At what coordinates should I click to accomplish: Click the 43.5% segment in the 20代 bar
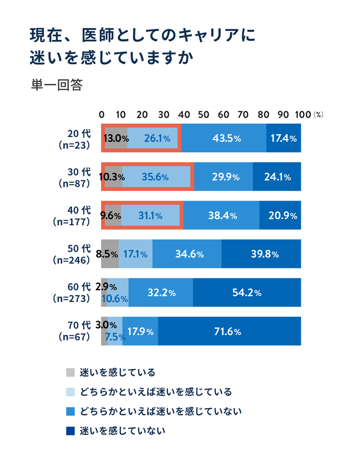pos(223,138)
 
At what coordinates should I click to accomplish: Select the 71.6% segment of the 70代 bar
pos(229,331)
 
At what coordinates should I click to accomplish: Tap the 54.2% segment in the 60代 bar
pos(247,292)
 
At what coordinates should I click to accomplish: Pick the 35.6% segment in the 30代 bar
pos(156,177)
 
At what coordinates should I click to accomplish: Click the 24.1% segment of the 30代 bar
pos(277,177)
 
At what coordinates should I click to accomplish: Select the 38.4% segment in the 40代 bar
pos(221,216)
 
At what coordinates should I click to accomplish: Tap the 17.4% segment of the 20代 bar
pos(284,138)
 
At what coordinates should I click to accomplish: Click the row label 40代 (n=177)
pos(72,216)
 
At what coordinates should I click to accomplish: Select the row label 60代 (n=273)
pos(72,292)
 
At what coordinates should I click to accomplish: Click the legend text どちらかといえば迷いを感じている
pos(156,392)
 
